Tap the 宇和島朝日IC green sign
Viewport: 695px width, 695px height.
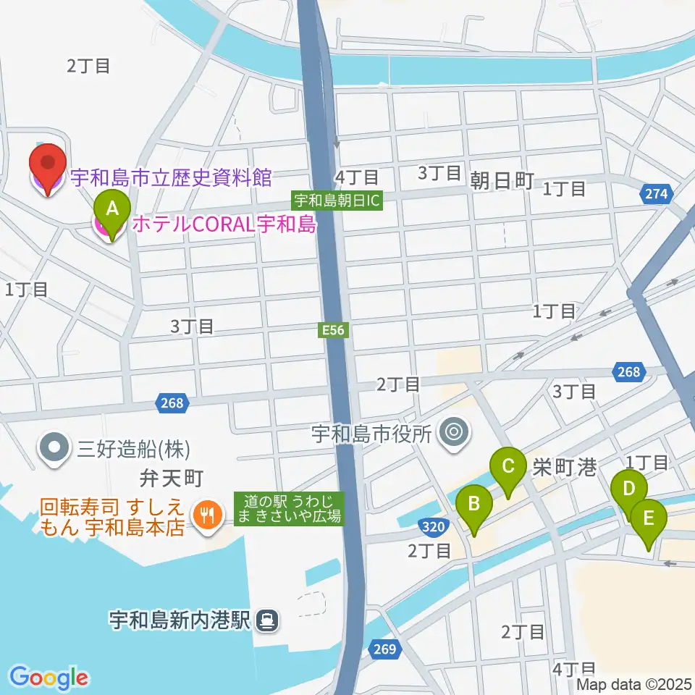[x=337, y=201]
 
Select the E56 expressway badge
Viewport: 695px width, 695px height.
[x=334, y=330]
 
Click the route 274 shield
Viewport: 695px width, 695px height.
[x=657, y=194]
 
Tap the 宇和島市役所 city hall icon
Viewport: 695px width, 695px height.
[x=455, y=434]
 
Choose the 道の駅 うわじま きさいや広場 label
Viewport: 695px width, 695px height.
[x=288, y=508]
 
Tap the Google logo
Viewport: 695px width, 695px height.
[x=49, y=678]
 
